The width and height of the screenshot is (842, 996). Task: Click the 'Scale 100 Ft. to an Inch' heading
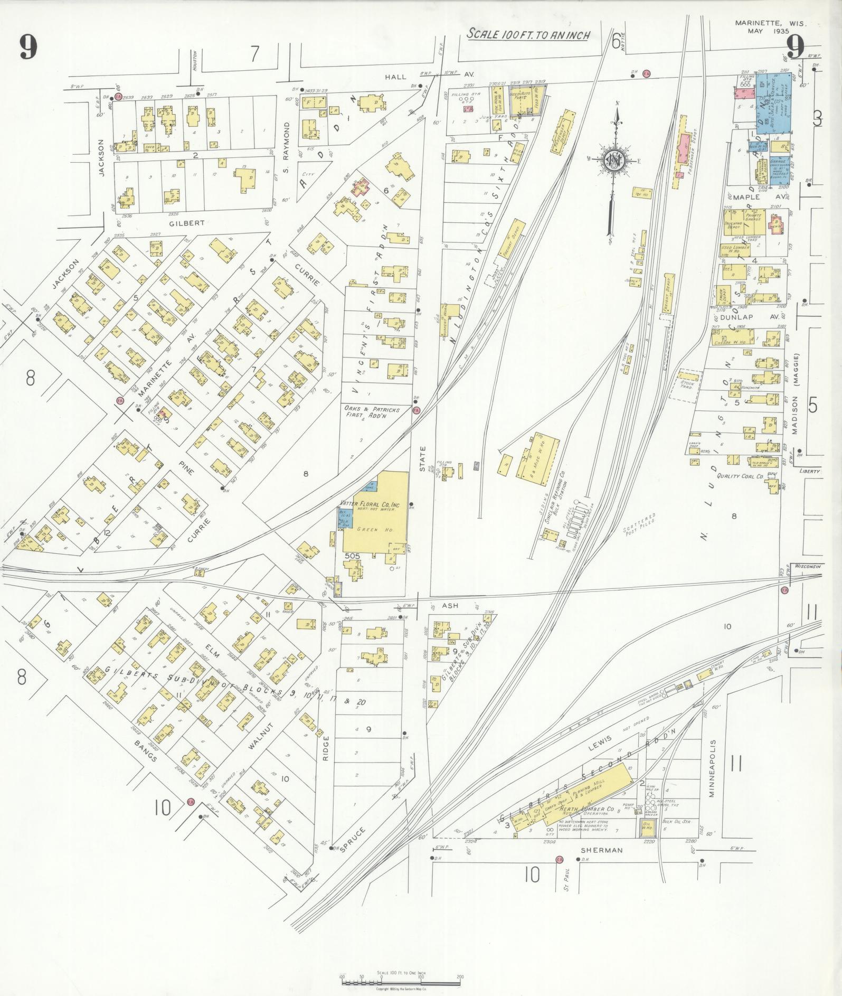[528, 35]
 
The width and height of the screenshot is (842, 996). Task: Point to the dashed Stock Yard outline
[686, 384]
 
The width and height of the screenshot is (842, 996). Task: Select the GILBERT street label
[187, 223]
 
